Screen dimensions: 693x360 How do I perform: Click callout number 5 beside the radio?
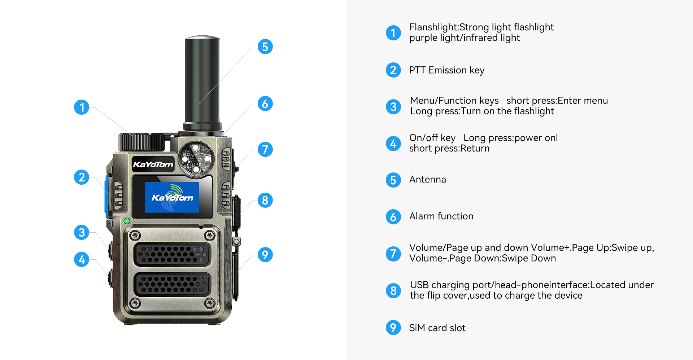[x=265, y=47]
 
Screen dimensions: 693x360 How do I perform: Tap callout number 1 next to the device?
[x=82, y=107]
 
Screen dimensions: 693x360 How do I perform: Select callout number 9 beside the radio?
[x=265, y=255]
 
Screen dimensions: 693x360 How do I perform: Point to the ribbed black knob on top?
[x=141, y=142]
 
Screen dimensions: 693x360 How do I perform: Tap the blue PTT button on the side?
[x=106, y=197]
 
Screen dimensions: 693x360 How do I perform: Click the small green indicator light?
[x=127, y=221]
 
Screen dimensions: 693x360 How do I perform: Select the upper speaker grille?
[x=172, y=254]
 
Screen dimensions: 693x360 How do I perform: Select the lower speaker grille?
[x=172, y=284]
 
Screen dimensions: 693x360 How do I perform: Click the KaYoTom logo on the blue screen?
[x=172, y=197]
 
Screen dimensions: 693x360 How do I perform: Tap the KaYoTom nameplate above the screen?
[x=153, y=164]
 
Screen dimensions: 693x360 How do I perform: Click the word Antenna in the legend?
[x=428, y=179]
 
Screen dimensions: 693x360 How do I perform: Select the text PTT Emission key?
[x=447, y=70]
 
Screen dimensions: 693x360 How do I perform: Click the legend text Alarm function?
[x=441, y=216]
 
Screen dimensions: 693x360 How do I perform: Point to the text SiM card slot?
[x=437, y=328]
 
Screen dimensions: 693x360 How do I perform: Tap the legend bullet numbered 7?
[x=393, y=254]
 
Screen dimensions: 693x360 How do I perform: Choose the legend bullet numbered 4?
[x=393, y=144]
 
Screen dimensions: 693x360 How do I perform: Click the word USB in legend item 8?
[x=419, y=285]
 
